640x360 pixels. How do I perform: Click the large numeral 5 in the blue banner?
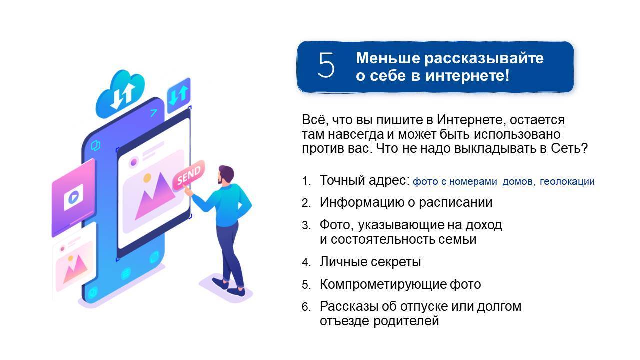(326, 65)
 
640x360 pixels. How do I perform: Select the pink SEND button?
(189, 175)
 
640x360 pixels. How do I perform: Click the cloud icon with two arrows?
(120, 94)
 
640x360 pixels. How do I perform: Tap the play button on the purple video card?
(73, 197)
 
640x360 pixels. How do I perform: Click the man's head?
(226, 175)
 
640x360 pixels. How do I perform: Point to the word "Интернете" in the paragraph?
(469, 120)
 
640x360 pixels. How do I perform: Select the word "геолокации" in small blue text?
(567, 181)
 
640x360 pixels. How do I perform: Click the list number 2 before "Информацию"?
(306, 203)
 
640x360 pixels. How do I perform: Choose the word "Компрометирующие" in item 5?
(383, 285)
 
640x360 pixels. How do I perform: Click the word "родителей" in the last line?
(406, 321)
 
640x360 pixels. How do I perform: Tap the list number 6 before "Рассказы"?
(306, 307)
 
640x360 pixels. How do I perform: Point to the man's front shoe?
(236, 292)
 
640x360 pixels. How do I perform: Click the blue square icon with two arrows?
(179, 95)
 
